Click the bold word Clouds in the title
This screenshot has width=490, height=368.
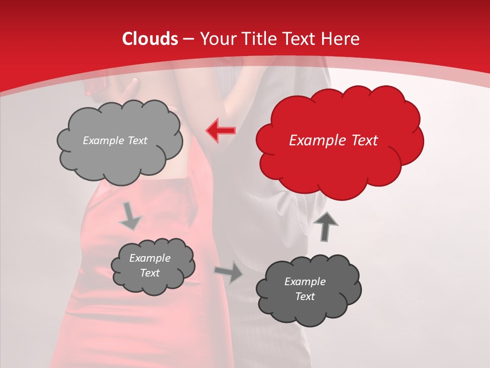coord(150,39)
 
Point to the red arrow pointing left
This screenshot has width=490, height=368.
coord(220,131)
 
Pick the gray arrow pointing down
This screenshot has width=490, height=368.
coord(130,216)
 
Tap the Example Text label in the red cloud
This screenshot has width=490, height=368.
coord(333,141)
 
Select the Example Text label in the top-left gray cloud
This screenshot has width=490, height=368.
coord(115,141)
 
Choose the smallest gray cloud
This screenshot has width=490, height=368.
coord(153,266)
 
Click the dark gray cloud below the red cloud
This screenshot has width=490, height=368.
coord(308,289)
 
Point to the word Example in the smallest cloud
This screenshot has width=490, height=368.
coord(150,259)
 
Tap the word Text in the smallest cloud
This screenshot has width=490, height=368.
coord(150,273)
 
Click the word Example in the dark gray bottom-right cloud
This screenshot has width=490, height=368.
coord(305,282)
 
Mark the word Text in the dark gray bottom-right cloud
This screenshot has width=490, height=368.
coord(305,296)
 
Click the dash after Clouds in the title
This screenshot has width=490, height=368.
coord(188,39)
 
